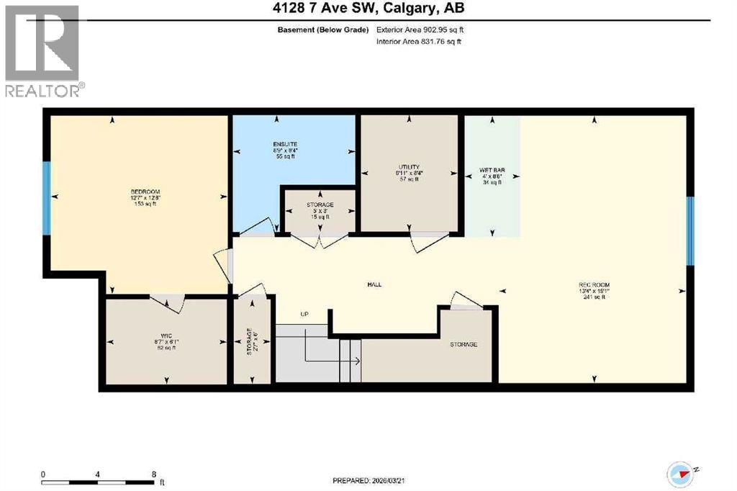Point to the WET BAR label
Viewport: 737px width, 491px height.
[492, 171]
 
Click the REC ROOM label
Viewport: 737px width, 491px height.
[594, 285]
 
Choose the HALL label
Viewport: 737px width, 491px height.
[374, 284]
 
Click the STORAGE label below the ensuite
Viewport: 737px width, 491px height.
[320, 205]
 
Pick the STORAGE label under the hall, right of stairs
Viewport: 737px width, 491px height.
[464, 345]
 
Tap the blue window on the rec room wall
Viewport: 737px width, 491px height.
[689, 231]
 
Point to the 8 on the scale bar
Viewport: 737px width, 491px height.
[154, 475]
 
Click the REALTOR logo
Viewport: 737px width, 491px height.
[44, 51]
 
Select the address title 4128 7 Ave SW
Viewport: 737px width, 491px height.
[368, 8]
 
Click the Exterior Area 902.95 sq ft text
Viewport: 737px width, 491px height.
[418, 30]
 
